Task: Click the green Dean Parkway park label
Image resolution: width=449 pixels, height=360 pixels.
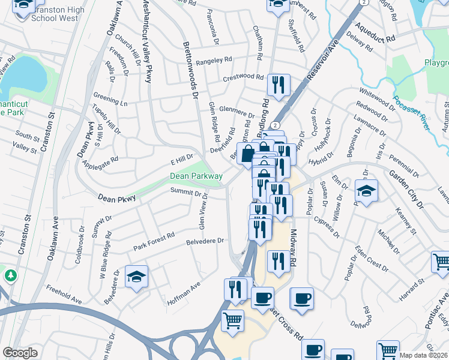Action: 196,176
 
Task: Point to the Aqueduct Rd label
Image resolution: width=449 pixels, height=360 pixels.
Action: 375,32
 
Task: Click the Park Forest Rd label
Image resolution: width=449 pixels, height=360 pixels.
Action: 154,241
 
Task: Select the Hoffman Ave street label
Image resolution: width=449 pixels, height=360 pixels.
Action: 184,290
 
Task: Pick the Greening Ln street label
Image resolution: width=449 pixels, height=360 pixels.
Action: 111,100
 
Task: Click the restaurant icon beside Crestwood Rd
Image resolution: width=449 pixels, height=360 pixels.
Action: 277,85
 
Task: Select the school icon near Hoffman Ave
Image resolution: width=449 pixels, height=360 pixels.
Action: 136,277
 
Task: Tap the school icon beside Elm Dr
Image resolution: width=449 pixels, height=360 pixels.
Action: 366,191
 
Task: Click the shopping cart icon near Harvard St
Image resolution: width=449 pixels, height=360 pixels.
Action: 441,262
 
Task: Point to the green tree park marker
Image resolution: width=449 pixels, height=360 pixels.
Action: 10,275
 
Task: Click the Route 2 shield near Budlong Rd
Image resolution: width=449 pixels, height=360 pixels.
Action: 275,124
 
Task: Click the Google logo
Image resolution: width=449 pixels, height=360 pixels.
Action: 20,353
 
